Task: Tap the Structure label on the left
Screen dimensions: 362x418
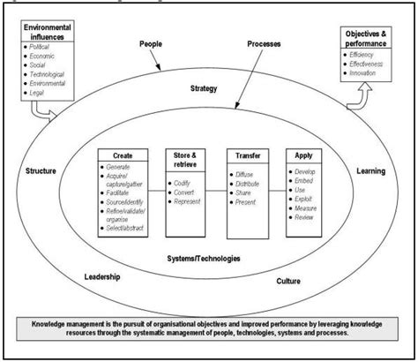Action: (x=41, y=170)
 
